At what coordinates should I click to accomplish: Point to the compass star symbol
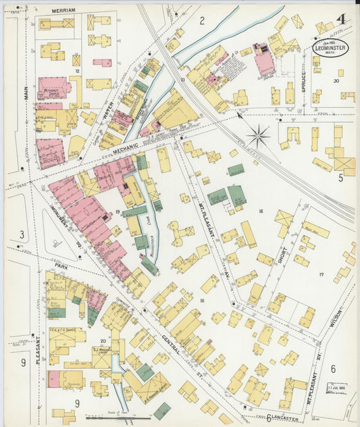point(258,136)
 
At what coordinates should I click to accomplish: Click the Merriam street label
point(63,11)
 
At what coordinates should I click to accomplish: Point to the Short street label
point(282,254)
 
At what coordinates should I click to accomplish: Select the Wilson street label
point(338,315)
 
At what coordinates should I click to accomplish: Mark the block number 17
point(321,274)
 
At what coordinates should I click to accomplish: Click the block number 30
point(336,80)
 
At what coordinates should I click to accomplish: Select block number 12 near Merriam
point(78,70)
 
